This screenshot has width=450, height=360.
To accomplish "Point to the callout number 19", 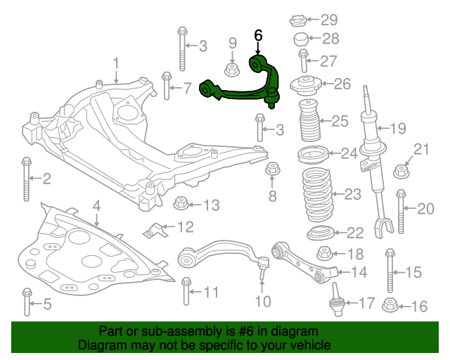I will (398, 129).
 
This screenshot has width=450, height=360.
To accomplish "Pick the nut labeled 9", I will (231, 69).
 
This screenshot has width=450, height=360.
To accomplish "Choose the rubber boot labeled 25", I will (310, 122).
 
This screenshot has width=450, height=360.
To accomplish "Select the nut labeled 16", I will (390, 306).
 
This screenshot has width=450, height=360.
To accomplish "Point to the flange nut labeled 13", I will (181, 205).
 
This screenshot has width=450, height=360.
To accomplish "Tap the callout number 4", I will (96, 206).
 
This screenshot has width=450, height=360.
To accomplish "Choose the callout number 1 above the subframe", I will (117, 64).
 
